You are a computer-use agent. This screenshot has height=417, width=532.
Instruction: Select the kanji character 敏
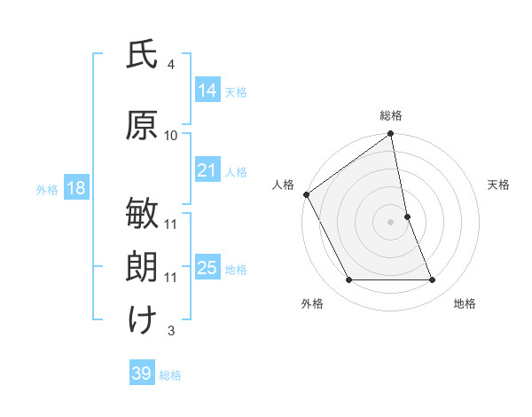(142, 216)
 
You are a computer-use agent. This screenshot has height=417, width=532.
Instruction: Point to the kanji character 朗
(142, 267)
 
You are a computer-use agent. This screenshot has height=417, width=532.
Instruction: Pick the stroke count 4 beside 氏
(171, 65)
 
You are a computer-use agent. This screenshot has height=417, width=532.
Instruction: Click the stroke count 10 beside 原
(171, 136)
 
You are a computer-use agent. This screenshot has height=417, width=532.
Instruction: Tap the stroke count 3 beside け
(171, 331)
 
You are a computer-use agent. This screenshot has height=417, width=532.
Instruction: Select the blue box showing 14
(207, 90)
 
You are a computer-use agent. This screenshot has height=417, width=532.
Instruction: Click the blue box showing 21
(207, 170)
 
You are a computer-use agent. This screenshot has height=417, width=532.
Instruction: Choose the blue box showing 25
(207, 268)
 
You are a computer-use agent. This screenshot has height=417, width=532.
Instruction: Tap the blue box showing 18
(74, 188)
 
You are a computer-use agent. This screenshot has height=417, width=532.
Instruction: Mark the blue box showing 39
(142, 374)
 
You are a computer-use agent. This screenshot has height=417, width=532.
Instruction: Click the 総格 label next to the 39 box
(170, 375)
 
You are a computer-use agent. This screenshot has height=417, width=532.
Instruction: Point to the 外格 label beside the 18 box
(47, 189)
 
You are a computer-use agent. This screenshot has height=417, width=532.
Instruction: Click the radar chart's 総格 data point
(391, 135)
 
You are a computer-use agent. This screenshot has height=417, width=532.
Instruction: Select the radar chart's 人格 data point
(306, 194)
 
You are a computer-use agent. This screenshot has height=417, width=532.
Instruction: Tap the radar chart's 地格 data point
(433, 280)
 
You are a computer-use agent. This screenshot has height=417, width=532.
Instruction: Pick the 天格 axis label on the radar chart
(499, 185)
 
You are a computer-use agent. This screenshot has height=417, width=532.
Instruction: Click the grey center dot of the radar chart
(391, 221)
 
